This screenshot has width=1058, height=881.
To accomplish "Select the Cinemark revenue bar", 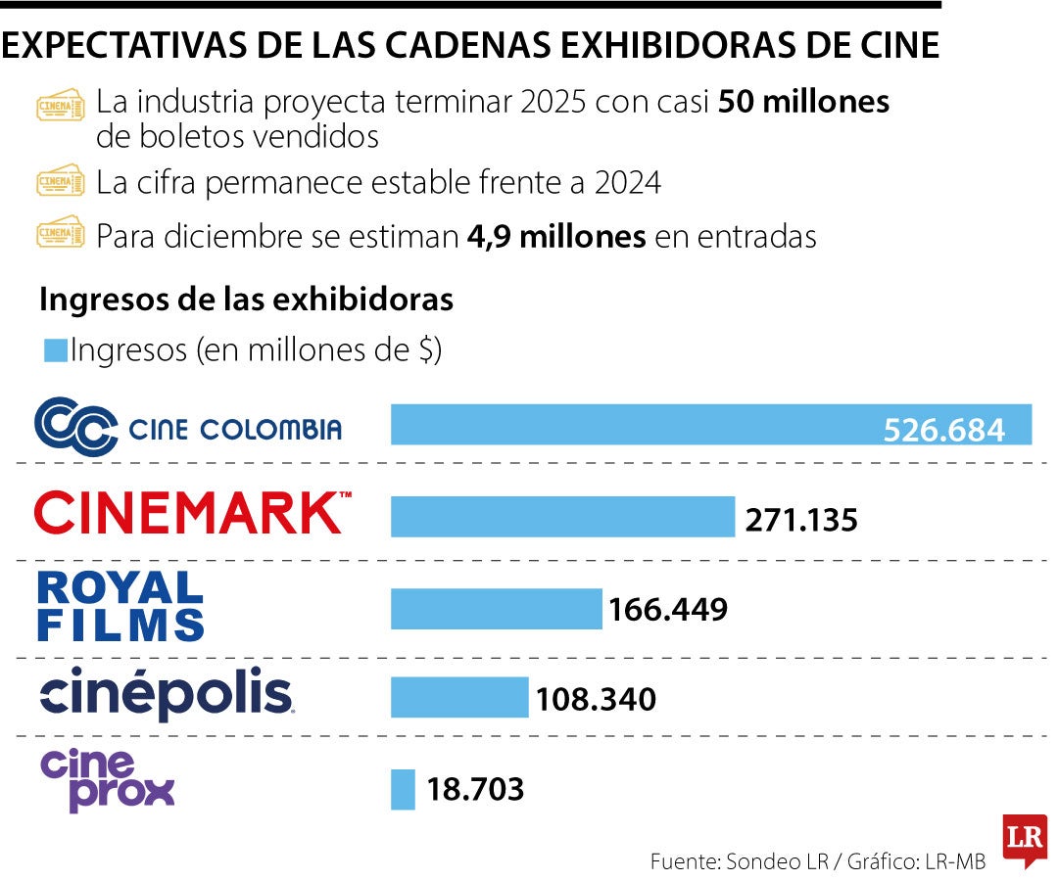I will click(x=562, y=516).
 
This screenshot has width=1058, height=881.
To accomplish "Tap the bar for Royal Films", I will click(x=496, y=608).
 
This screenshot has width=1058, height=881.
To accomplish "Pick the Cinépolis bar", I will click(x=458, y=698).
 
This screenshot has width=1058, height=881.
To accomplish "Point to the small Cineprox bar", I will click(x=403, y=789).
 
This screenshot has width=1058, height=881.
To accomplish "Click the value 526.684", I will click(x=943, y=430).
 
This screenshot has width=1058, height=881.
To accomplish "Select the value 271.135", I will click(x=800, y=518).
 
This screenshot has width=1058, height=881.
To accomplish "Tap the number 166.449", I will click(x=667, y=610).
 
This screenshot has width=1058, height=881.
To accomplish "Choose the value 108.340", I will click(x=595, y=699).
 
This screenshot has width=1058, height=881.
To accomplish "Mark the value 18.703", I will click(x=475, y=789).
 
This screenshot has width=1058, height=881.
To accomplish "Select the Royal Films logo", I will click(x=120, y=605).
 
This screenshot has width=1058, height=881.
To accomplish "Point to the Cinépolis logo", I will click(x=166, y=695).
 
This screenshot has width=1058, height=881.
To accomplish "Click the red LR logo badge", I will click(x=1024, y=839).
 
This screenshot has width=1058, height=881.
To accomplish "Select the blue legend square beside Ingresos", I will click(x=56, y=350).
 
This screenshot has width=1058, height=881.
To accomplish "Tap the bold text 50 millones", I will click(x=803, y=102).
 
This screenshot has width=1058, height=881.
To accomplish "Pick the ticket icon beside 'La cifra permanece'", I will click(x=60, y=182).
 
